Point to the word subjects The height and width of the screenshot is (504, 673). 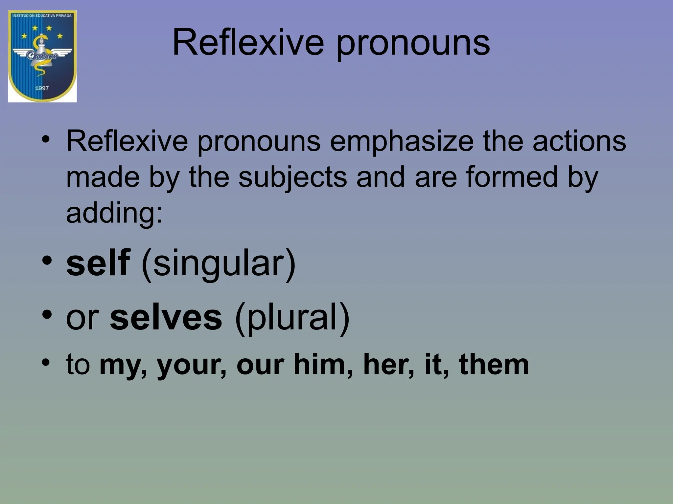point(292,178)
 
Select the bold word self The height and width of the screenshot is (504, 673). point(98,262)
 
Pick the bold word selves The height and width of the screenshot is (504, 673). point(166,317)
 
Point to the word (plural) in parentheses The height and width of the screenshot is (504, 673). point(292,318)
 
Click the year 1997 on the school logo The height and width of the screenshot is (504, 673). point(42,88)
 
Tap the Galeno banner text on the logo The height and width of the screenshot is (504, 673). point(42,56)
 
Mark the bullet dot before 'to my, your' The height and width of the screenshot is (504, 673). point(46,363)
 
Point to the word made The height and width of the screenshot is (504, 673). point(103,177)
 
